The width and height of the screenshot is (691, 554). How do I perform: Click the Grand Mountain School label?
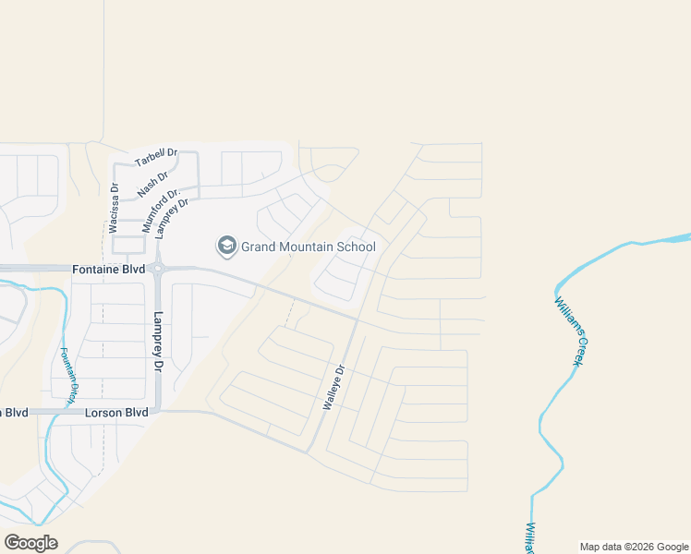tap(308, 247)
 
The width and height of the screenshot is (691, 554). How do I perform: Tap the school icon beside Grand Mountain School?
tap(226, 246)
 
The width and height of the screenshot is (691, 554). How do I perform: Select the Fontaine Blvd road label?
tap(108, 269)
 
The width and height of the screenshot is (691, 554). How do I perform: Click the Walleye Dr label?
tap(333, 388)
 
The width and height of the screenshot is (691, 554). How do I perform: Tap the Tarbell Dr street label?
tap(155, 157)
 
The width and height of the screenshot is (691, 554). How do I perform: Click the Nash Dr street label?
tap(153, 185)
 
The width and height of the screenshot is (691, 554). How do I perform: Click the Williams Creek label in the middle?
tap(572, 330)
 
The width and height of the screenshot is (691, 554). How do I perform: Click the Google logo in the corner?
tap(30, 543)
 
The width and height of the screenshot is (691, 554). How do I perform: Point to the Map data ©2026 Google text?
tap(633, 547)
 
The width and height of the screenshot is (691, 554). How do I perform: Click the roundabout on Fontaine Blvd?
tap(158, 270)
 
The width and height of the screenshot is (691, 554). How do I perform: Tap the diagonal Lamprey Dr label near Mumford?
tap(173, 218)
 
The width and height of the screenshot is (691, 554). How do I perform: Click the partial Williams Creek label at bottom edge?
tap(529, 538)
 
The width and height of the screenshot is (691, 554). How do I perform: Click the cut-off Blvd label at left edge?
tap(15, 412)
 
